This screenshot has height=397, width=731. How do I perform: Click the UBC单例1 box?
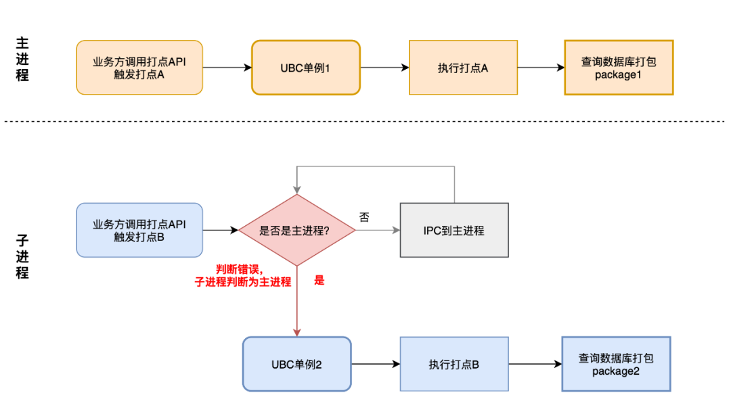click(x=306, y=68)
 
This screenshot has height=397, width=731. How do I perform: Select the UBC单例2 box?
click(x=296, y=364)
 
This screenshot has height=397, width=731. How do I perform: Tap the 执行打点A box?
click(x=463, y=68)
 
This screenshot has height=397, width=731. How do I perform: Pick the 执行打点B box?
click(x=453, y=364)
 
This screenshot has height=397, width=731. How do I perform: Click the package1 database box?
click(x=619, y=68)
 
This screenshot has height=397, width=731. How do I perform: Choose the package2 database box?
click(x=616, y=364)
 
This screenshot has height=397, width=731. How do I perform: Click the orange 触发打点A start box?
click(x=139, y=68)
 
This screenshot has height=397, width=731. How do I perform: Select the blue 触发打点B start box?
click(x=139, y=230)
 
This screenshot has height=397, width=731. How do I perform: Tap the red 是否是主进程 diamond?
click(x=296, y=230)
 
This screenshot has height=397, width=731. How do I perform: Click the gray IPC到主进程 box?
click(x=453, y=230)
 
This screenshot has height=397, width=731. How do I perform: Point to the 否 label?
click(x=364, y=218)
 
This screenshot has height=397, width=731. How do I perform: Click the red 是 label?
click(x=319, y=280)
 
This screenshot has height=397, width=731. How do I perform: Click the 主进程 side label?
click(x=22, y=60)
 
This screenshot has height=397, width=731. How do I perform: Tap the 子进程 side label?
click(x=22, y=257)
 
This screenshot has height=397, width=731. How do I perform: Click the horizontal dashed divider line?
click(x=365, y=122)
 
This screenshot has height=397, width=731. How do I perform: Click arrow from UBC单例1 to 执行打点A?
click(x=384, y=68)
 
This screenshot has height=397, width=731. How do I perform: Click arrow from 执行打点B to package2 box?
click(x=535, y=364)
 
